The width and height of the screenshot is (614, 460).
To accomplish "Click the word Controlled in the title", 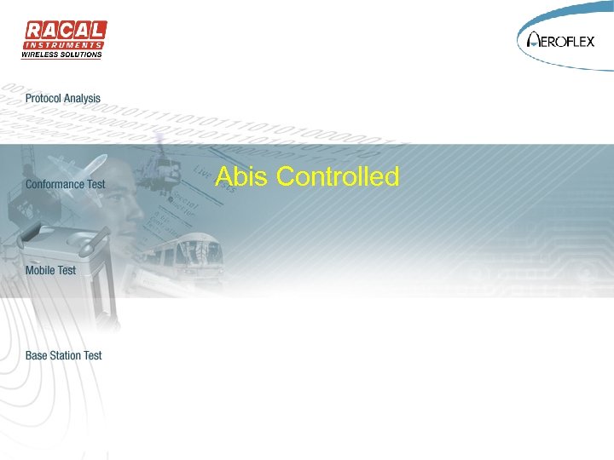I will point(339,176).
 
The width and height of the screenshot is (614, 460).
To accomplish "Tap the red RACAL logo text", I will point(64,30).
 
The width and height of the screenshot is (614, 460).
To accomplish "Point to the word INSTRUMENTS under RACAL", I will point(64,44).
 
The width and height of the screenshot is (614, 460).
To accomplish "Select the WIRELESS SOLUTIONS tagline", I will point(61,55).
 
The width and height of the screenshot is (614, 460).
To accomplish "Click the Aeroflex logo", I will point(564,39).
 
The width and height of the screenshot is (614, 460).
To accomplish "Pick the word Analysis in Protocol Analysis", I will point(84,99).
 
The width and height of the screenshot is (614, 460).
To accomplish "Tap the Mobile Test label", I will point(50,270).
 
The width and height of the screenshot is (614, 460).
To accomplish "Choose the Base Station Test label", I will point(63,355).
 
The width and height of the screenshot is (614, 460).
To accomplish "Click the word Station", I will point(65,355).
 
